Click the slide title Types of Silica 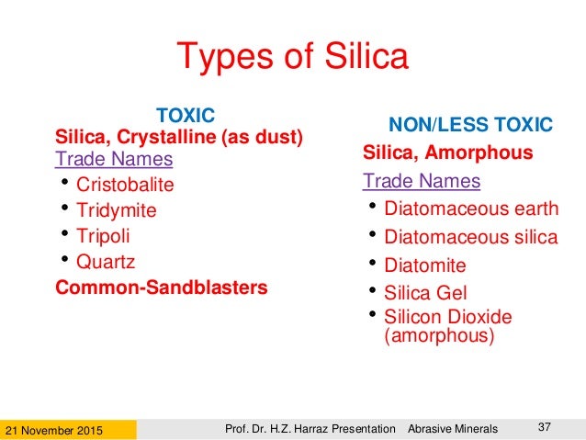tap(292, 57)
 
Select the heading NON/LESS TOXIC tap(471, 124)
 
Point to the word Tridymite tap(116, 210)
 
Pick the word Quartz tap(106, 262)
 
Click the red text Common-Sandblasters tap(162, 288)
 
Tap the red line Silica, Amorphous tap(447, 152)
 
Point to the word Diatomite tap(424, 266)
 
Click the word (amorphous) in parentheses tap(439, 336)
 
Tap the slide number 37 tap(544, 424)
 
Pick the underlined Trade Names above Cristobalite tap(114, 159)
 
